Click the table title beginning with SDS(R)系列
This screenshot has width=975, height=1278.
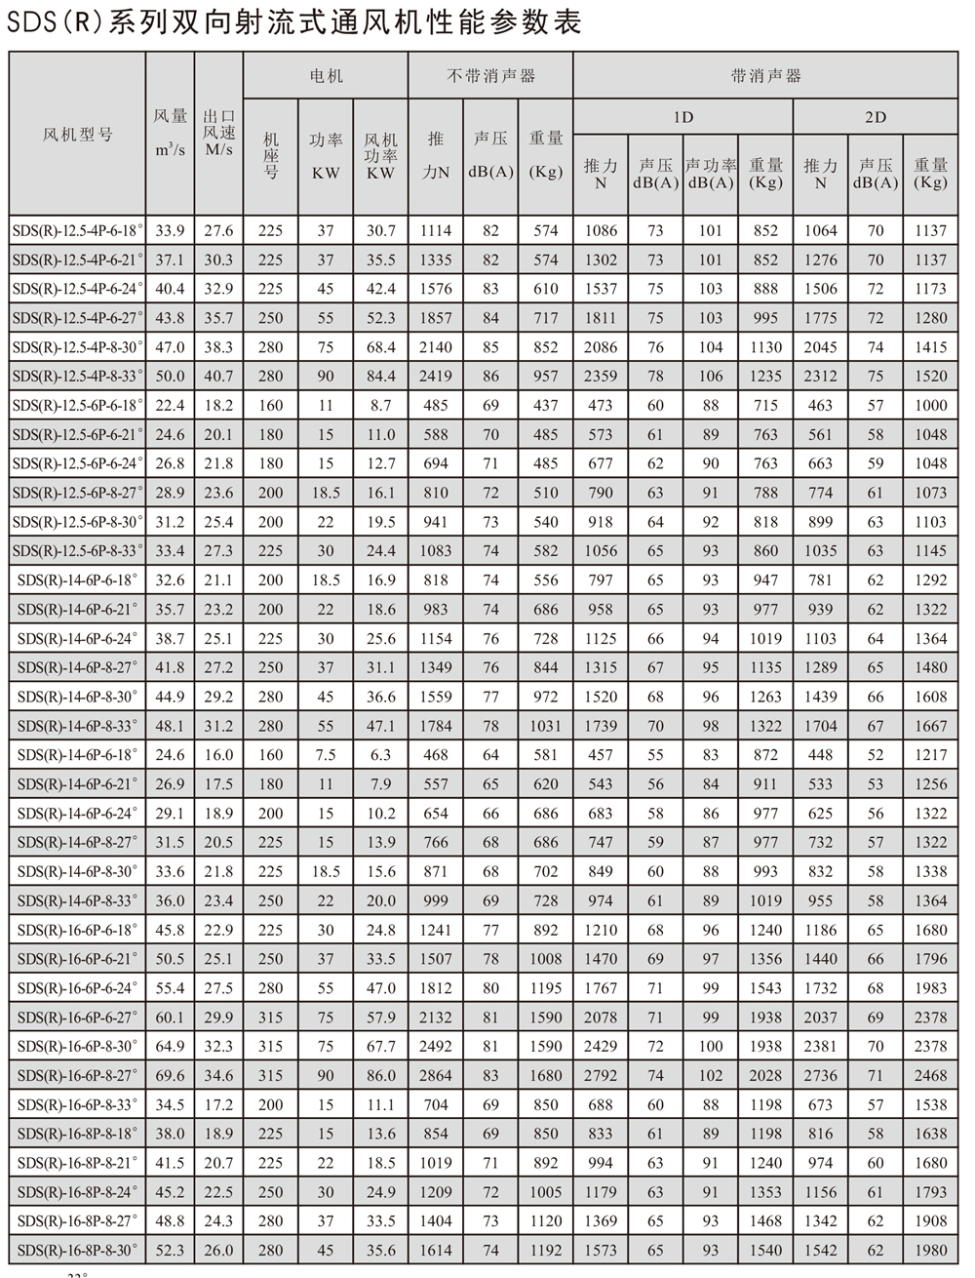(x=292, y=21)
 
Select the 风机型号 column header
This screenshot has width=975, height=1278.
(x=78, y=134)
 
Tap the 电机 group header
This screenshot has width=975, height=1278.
(x=326, y=75)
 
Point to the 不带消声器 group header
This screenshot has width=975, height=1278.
(x=490, y=75)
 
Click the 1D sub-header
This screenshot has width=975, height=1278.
(x=683, y=117)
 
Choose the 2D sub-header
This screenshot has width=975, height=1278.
(x=876, y=117)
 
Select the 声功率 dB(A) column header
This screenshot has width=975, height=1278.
(x=711, y=174)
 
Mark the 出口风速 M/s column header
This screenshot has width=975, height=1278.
(x=219, y=134)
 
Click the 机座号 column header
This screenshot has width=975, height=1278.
(x=271, y=156)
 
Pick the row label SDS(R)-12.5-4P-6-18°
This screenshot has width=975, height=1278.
(x=78, y=230)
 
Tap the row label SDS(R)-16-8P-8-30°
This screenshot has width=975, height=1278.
(x=78, y=1250)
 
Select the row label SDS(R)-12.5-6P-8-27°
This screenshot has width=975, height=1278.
(x=78, y=493)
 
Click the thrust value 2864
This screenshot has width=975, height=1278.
(x=435, y=1075)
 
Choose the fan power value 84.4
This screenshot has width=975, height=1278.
(x=380, y=376)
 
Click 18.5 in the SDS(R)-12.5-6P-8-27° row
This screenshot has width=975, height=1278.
(x=326, y=493)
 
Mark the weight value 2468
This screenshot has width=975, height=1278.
(x=930, y=1075)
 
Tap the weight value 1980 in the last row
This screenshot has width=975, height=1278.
(x=930, y=1250)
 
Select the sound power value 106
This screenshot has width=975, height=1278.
(x=711, y=376)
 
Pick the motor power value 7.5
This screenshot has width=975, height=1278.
(x=326, y=754)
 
